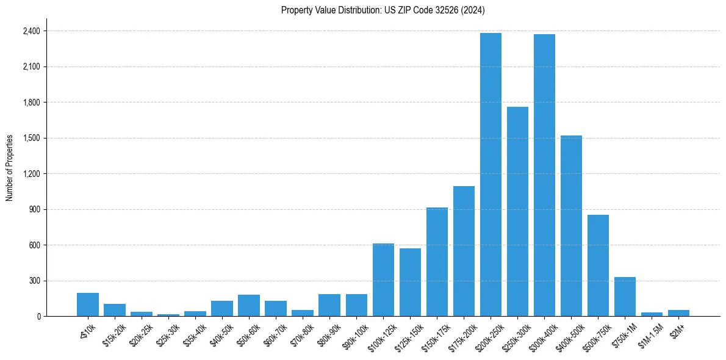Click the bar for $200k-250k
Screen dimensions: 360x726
point(491,175)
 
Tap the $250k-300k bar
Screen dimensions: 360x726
point(517,211)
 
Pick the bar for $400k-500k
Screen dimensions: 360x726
point(571,226)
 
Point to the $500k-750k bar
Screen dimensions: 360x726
point(598,265)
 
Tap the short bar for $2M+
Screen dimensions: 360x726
point(678,313)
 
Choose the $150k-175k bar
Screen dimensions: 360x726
point(437,262)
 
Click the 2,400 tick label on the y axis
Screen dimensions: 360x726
point(31,31)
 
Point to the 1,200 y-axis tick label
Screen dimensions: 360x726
point(31,174)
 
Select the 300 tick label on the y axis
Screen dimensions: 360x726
point(34,281)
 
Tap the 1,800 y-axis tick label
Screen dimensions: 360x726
point(31,103)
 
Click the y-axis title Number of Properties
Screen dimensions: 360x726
point(10,168)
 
